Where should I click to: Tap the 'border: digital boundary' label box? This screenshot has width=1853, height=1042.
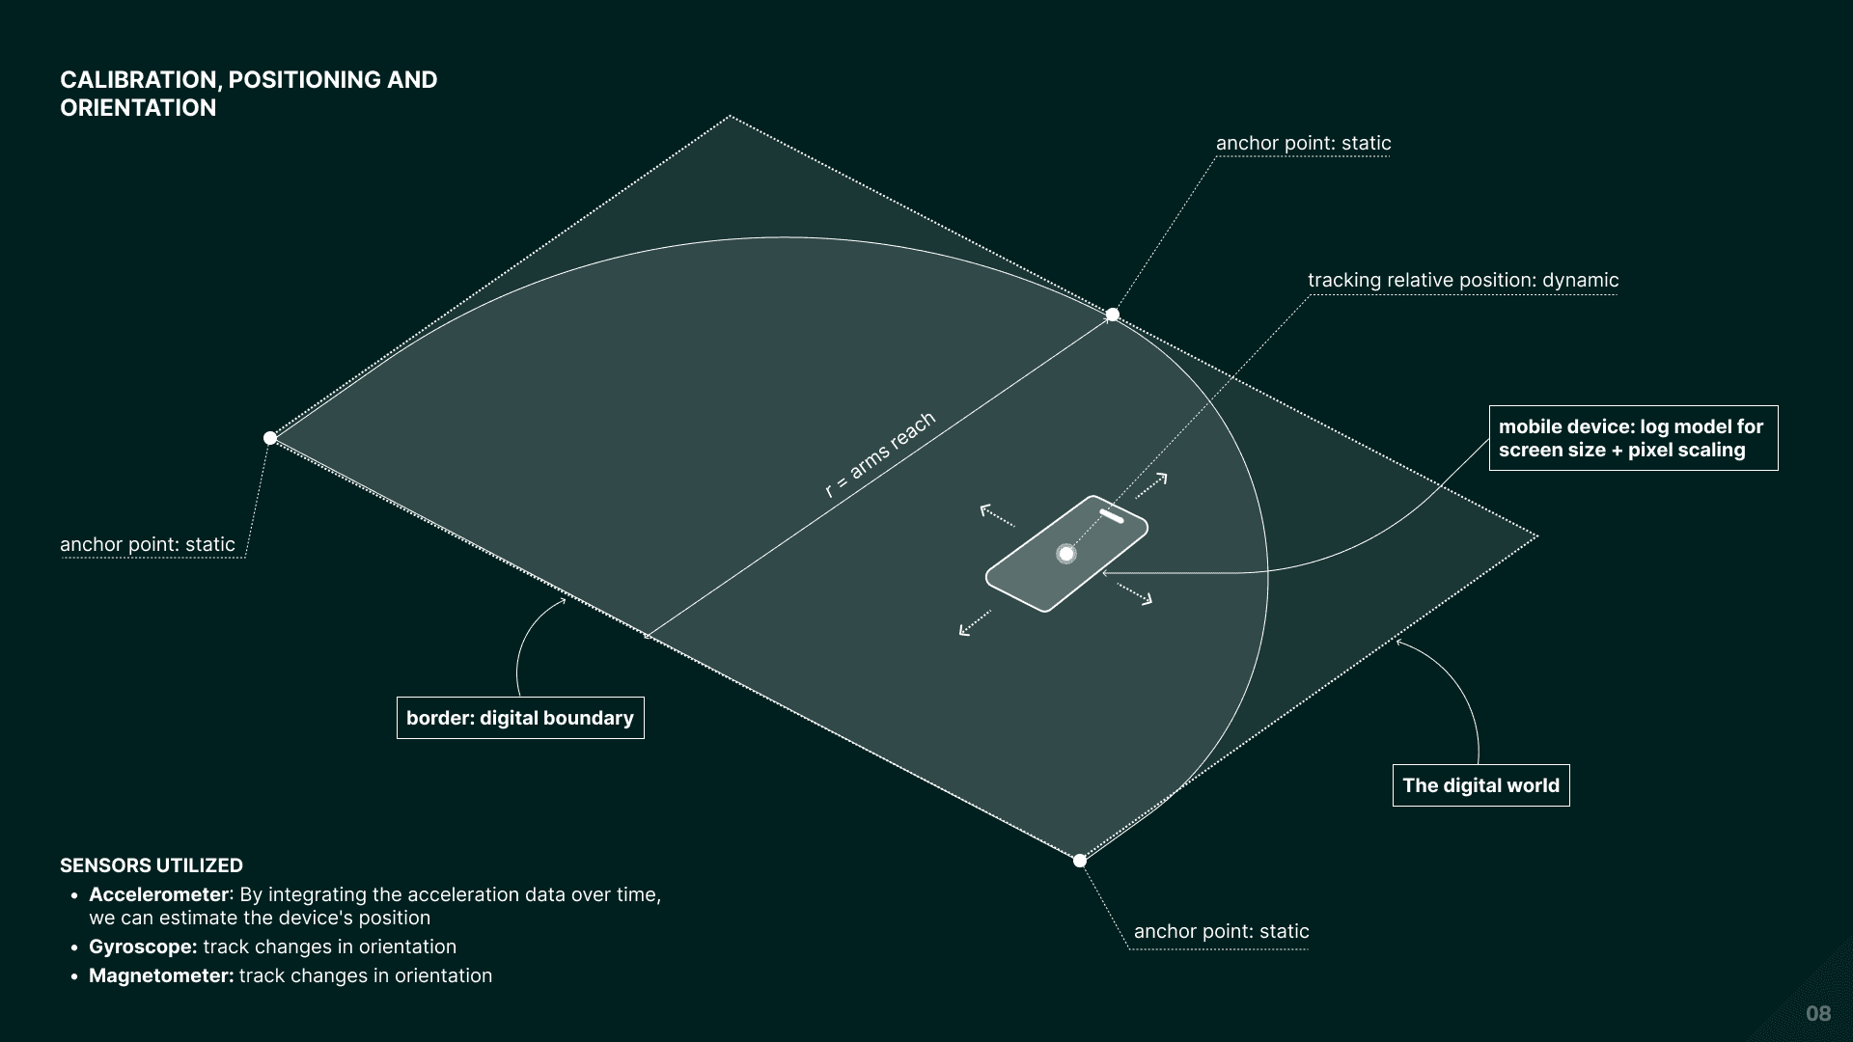coord(520,718)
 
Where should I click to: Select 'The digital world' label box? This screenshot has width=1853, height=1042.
coord(1480,785)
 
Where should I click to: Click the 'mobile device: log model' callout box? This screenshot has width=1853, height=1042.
coord(1633,438)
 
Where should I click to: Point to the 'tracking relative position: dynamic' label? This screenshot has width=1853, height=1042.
coord(1463,281)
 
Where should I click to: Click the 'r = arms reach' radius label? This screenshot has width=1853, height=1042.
coord(879,454)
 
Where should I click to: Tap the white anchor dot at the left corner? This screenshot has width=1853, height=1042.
coord(270,438)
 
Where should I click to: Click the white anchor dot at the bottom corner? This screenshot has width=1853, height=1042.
coord(1080,861)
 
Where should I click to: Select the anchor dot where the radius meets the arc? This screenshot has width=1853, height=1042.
coord(1112,315)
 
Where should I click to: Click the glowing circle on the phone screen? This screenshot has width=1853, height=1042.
coord(1065,554)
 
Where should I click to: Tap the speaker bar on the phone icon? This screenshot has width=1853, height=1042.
coord(1112,516)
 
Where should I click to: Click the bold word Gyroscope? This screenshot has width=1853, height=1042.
coord(143,946)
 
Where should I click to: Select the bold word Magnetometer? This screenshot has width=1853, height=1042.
coord(161,975)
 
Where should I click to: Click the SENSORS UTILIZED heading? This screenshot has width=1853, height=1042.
coord(152,865)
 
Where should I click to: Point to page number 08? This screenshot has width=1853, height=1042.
coord(1818,1013)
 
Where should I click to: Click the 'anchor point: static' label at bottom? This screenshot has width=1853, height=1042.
coord(1221,931)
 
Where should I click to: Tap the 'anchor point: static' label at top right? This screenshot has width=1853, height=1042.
coord(1303,144)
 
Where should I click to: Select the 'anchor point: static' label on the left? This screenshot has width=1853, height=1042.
coord(148,544)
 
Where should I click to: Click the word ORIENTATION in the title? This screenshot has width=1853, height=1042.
coord(138,108)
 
